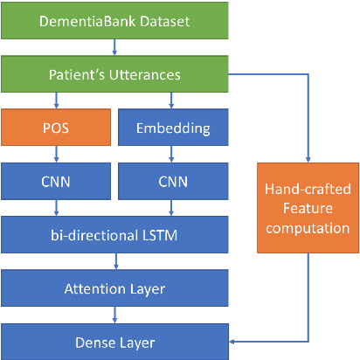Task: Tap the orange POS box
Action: coord(56,128)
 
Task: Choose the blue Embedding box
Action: coord(172,128)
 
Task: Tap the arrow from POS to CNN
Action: coord(56,156)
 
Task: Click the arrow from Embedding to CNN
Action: coord(172,156)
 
